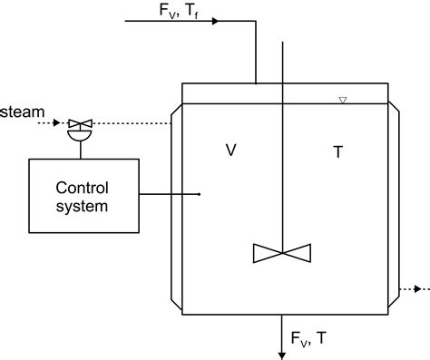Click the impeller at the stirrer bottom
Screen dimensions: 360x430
point(286,253)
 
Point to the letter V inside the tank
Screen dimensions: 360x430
point(231,151)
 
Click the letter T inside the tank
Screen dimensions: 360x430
point(338,152)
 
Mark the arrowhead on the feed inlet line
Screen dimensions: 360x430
point(215,20)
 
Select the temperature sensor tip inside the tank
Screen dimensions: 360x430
point(200,193)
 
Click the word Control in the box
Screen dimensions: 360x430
point(83,188)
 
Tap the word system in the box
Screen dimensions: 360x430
point(83,206)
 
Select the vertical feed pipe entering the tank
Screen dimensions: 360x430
point(256,54)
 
